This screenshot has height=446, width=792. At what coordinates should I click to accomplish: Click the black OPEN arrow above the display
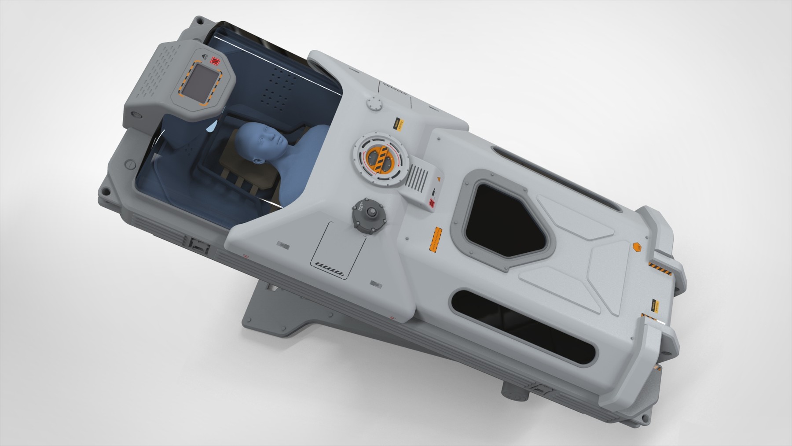click(204, 57)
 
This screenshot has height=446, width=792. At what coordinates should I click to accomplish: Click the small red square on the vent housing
click(431, 203)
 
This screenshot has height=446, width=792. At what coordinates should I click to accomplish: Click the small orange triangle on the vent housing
click(439, 179)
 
